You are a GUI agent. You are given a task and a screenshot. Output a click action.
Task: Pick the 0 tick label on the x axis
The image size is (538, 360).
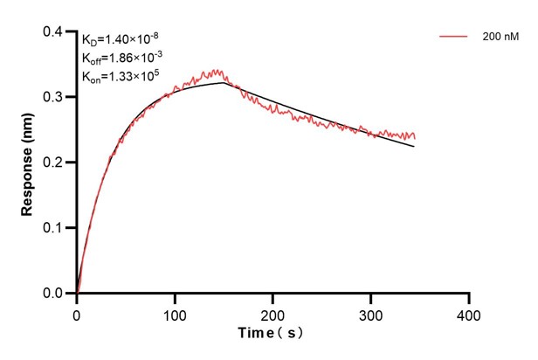pos(77,313)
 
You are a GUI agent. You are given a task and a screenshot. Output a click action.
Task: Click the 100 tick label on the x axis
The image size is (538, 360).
pos(175,313)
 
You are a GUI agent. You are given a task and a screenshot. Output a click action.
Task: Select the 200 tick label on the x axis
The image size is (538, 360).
pos(273,313)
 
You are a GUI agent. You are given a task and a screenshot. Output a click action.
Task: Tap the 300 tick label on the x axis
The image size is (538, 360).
pos(371,313)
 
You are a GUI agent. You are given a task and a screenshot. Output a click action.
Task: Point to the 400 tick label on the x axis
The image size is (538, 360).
pos(469,313)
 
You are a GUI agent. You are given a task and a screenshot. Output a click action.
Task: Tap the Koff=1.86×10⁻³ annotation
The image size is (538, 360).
pos(121,58)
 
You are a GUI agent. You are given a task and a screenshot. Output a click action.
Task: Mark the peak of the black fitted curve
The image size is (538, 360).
pos(224,83)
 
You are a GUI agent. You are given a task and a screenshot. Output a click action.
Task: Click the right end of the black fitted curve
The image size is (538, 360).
pos(415,146)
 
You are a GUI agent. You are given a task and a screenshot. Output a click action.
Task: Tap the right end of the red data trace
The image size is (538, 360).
pos(415,137)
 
